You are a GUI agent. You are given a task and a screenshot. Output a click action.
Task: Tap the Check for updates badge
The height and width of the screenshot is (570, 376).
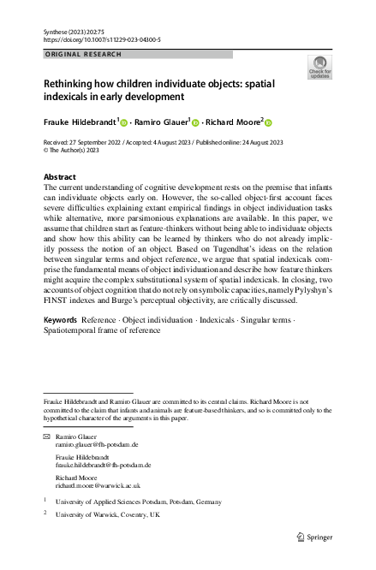click(319, 67)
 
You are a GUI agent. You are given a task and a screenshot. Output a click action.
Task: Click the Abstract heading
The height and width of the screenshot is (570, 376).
click(59, 175)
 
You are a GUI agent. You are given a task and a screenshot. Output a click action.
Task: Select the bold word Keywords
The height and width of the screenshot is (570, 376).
click(63, 343)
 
